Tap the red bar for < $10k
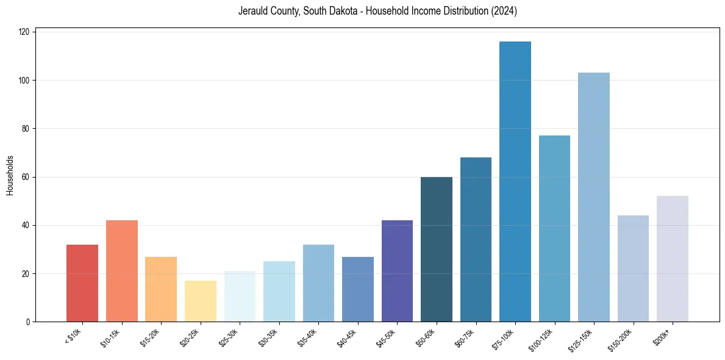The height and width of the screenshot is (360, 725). pos(82,283)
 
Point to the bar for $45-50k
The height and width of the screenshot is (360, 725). pos(397,271)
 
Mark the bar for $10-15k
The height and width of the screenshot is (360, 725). pos(121,271)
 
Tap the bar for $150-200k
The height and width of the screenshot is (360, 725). pos(633,268)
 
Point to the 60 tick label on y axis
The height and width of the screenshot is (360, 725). pos(27,177)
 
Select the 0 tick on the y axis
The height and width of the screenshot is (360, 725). pos(29,322)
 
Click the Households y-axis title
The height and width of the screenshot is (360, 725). pos(10,175)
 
